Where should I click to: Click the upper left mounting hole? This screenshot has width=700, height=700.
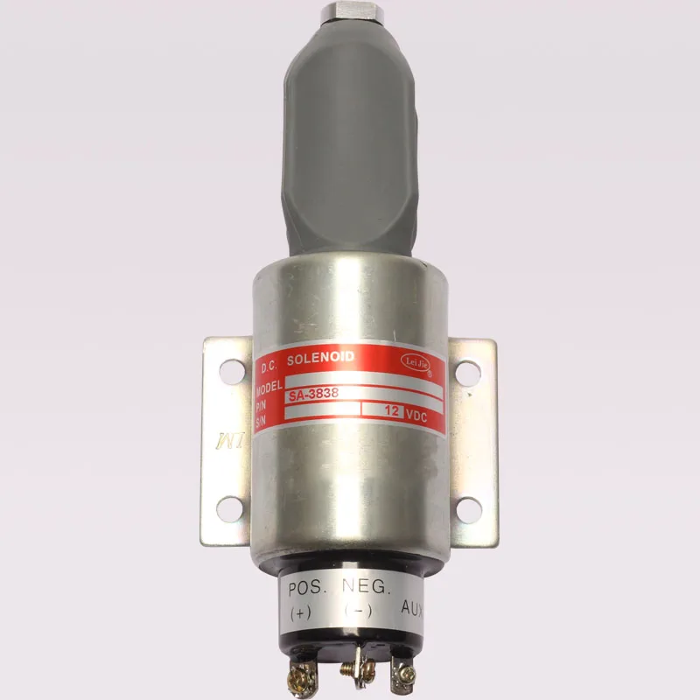pos(228,370)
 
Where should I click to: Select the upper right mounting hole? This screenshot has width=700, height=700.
pos(467,371)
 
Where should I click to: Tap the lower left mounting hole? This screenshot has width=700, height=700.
pos(228,505)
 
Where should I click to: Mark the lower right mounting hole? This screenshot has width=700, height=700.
pos(468,505)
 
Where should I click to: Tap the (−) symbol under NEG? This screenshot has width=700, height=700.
pos(356,609)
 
